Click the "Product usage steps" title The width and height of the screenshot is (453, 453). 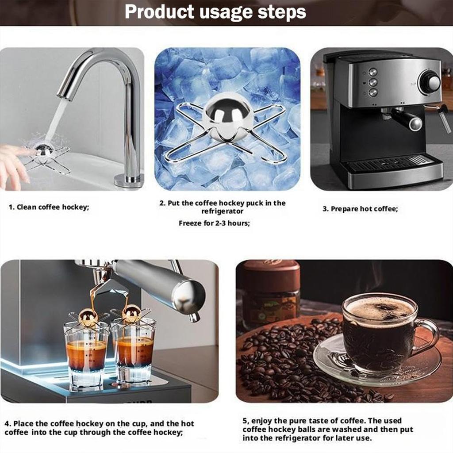click(215, 12)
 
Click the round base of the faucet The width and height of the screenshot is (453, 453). click(129, 180)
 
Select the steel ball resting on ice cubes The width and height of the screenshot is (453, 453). click(228, 111)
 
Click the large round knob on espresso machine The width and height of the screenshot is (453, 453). click(430, 82)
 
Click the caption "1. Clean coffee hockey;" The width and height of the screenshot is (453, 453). click(49, 207)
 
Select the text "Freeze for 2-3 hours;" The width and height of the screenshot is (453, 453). click(214, 223)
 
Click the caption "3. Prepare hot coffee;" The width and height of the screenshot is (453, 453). click(360, 209)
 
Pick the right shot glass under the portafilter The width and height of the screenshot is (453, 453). click(135, 352)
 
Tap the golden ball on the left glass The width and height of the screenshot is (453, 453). click(88, 317)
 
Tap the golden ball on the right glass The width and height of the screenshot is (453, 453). click(131, 314)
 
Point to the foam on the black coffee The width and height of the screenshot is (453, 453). click(380, 309)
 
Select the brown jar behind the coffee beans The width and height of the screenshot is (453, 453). click(271, 292)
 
